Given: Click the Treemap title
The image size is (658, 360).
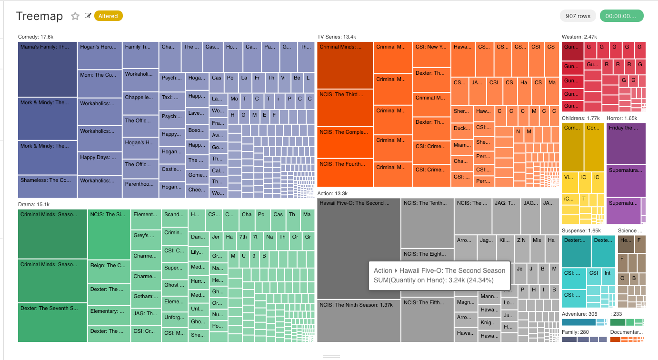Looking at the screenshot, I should coord(40,16).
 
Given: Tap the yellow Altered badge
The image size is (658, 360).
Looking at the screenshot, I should coord(109,16).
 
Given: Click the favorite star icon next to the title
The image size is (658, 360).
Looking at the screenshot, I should coord(75,16).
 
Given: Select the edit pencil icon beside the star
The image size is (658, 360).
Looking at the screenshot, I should coord(88,16).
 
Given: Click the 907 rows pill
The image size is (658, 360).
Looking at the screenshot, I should coord(578,16).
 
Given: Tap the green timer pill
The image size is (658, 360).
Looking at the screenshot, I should coord(621,16).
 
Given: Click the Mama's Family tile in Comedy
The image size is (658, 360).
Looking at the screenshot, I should coord(48,69).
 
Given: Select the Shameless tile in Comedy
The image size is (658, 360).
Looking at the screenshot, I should coord(48,186).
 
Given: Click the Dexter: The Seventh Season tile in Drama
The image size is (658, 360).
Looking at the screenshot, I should coord(52,322).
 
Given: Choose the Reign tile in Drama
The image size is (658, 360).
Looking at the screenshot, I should coord(109,271).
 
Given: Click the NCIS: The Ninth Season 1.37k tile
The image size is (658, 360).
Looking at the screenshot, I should coord(359,320).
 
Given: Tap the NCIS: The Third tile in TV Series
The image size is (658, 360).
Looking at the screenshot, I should coord(345,107).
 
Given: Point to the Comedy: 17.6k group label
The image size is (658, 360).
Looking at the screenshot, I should coord(35,37).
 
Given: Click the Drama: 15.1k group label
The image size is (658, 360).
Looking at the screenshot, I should coord(33,204).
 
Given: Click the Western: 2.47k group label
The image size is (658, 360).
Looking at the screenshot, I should coord(579,37).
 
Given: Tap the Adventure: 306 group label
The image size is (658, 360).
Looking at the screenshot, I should coord(579,314).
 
